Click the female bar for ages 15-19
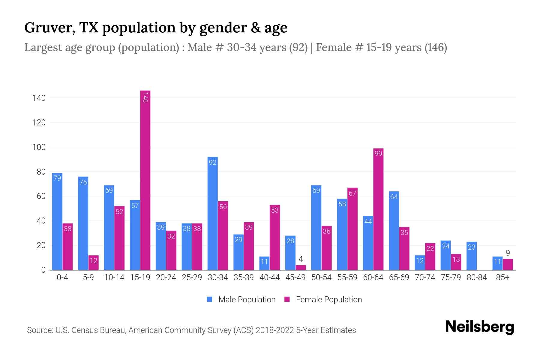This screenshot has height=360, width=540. pos(145,180)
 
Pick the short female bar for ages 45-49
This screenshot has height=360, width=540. pos(301,268)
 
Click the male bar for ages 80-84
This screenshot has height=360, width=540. pos(472,256)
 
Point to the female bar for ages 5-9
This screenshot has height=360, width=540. pos(93,262)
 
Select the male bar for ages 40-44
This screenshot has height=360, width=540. pos(264,263)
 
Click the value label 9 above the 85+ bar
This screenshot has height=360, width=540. pos(508,253)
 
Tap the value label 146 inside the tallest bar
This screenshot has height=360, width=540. pos(145,97)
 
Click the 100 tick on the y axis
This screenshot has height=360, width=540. pos(39,147)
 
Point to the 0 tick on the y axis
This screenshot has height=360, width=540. pos(43,270)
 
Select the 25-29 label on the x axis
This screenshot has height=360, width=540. pos(192,277)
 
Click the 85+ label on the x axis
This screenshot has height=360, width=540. pos(502,277)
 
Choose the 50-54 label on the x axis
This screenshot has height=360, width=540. pos(321,277)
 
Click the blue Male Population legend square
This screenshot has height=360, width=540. pos(209,299)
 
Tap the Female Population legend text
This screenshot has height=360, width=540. pos(329,300)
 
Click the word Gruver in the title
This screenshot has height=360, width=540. pos(49,28)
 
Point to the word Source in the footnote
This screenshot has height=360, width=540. pos(39,330)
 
